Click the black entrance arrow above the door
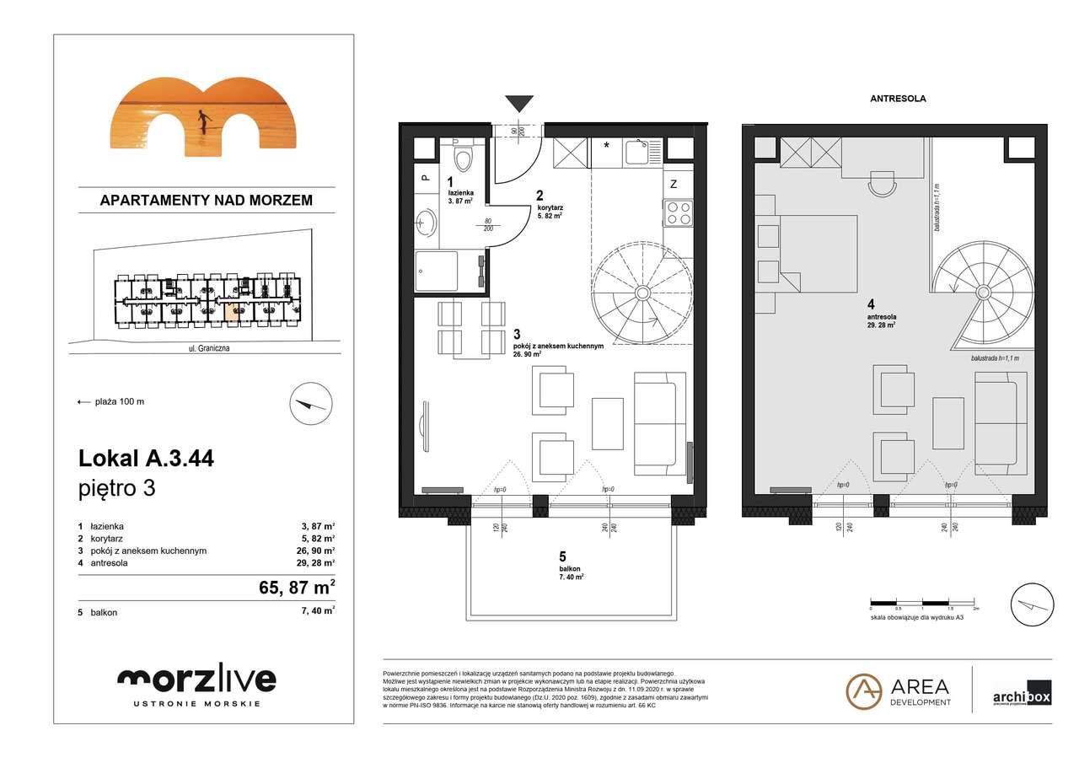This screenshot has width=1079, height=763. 519,104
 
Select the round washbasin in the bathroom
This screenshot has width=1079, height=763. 427,223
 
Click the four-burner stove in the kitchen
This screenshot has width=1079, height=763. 679,212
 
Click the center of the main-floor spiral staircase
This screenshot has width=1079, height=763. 642,293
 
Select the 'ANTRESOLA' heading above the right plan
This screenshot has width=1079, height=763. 898,99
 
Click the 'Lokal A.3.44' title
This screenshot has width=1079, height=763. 146,459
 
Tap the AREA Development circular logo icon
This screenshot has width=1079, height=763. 863,691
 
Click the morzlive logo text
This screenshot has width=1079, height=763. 196,680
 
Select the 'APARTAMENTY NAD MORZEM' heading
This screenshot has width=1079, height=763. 206,201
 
